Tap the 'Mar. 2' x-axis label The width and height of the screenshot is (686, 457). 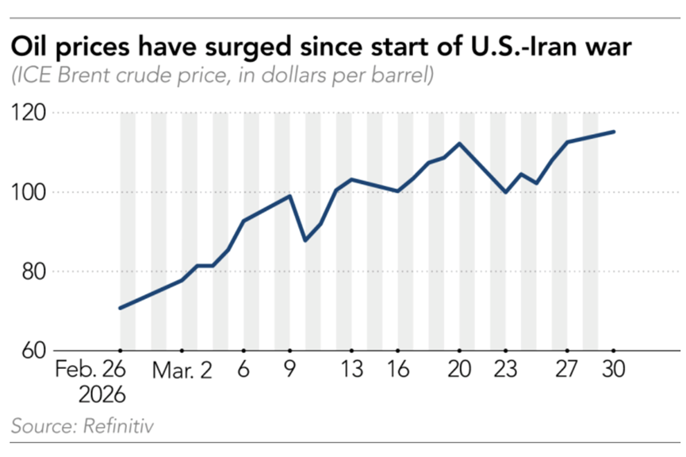(x=182, y=371)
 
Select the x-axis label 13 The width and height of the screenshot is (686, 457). (x=352, y=371)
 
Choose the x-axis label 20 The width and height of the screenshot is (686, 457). (x=460, y=371)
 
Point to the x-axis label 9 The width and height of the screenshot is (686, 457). (x=290, y=371)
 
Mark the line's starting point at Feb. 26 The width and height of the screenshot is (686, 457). (x=120, y=308)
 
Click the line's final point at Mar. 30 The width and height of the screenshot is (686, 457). (x=614, y=132)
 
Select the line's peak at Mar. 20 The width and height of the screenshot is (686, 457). (x=460, y=144)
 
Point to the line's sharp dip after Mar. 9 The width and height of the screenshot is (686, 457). (x=306, y=240)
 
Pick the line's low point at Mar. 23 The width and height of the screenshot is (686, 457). (x=505, y=192)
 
